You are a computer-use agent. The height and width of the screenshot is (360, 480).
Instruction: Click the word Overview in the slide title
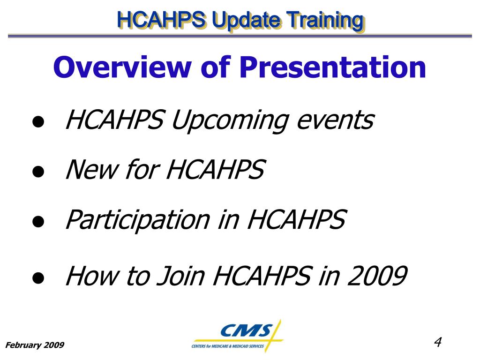click(x=122, y=67)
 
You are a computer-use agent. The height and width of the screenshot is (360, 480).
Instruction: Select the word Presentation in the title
click(x=333, y=67)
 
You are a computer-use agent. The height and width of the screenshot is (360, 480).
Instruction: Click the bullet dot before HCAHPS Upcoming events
click(x=38, y=121)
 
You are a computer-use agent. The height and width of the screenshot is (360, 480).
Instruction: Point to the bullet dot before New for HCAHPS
click(x=38, y=172)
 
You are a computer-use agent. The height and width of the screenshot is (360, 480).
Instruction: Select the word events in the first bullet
click(x=336, y=120)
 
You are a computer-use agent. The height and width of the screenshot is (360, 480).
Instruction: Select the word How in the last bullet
click(x=92, y=276)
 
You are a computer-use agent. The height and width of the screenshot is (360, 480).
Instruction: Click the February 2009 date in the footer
click(x=35, y=345)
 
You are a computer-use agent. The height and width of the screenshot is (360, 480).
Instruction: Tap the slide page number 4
click(x=438, y=342)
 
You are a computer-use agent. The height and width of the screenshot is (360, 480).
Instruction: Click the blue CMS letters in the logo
click(x=247, y=330)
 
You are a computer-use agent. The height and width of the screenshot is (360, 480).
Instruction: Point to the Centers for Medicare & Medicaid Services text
click(x=228, y=346)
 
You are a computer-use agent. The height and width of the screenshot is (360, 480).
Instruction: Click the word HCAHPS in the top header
click(x=161, y=20)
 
